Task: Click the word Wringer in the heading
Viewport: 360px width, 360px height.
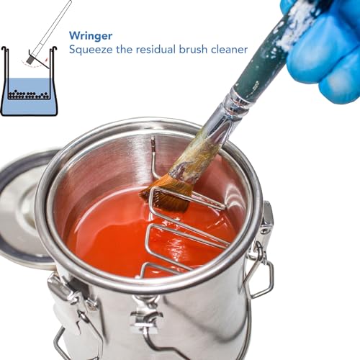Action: coord(92,35)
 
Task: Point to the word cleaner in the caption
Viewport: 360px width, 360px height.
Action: coord(230,50)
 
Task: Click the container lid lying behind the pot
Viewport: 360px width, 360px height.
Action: coord(22,209)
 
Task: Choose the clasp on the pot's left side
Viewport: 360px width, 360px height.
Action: coord(61,295)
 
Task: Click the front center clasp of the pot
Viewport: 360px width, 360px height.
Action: coord(148,317)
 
